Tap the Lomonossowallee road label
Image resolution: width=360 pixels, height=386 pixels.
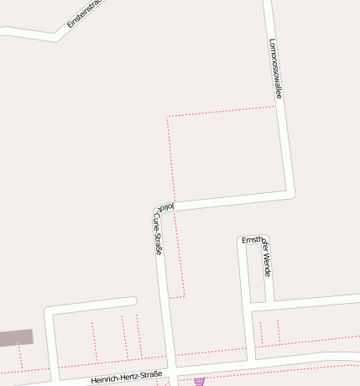point(274,69)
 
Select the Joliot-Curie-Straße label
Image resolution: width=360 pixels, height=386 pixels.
point(157,231)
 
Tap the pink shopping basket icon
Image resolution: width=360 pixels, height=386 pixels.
point(199,381)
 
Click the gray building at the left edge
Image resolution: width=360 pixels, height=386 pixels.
point(15,338)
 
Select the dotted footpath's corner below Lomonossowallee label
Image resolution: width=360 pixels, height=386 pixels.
point(275,107)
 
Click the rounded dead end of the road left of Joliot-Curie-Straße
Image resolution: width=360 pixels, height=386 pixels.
point(133,300)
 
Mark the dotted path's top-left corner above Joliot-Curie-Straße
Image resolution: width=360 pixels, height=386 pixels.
point(168,118)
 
